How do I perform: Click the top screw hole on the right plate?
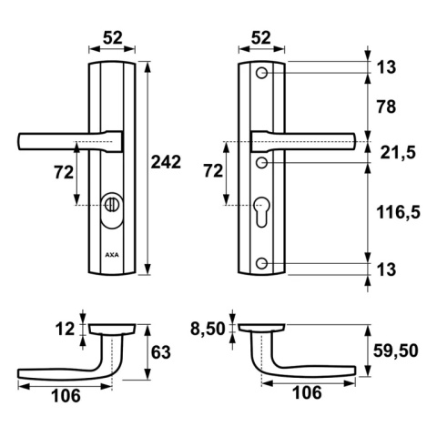point(262,73)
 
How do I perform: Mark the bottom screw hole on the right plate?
point(262,264)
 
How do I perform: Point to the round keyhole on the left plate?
point(111,202)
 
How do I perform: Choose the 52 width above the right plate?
point(261,36)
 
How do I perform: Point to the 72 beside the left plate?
point(62,170)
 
